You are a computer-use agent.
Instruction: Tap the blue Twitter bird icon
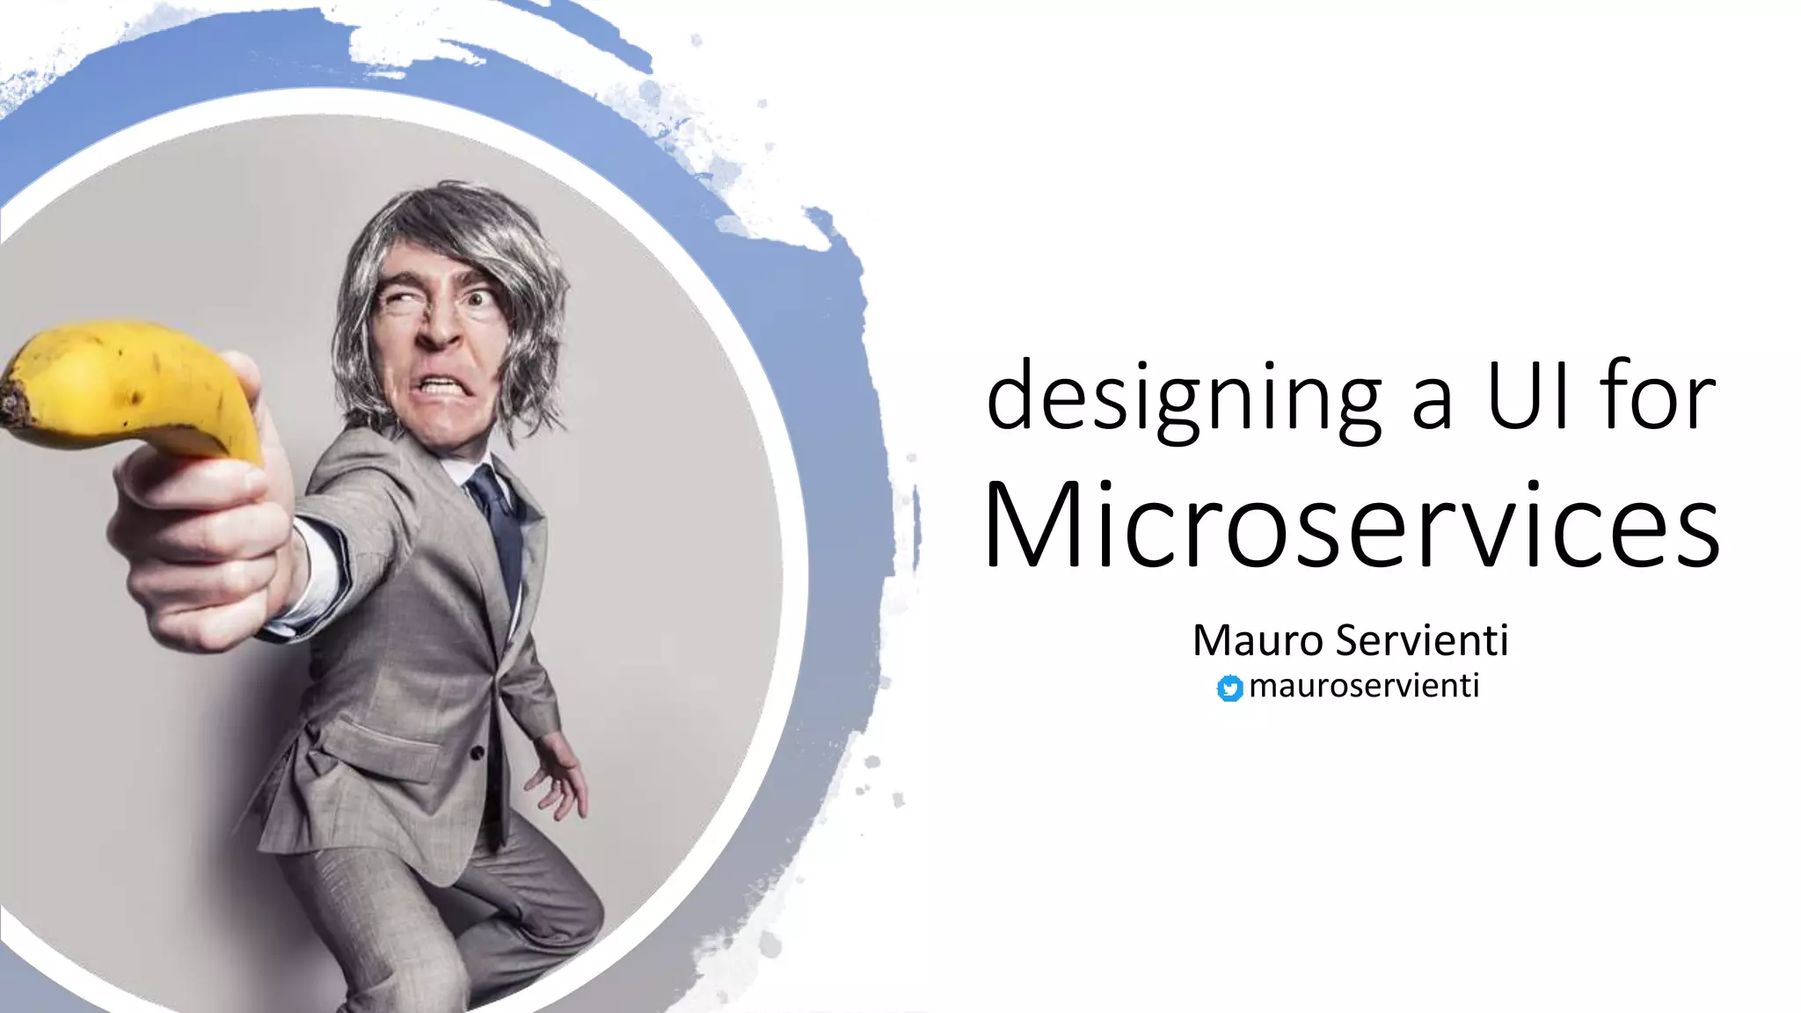(x=1229, y=689)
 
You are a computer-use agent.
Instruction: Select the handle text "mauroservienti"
(x=1363, y=685)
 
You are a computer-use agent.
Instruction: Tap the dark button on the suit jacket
(x=477, y=753)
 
